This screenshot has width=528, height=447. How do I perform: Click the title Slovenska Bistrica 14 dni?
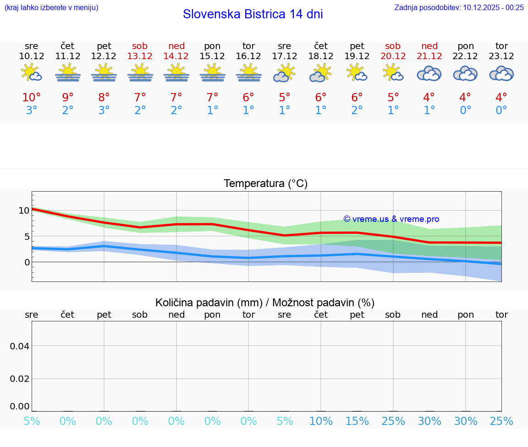click(x=253, y=14)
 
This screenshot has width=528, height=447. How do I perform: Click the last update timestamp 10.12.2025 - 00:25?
click(x=493, y=7)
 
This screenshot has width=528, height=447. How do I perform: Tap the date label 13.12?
click(x=140, y=56)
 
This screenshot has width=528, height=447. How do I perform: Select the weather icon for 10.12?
click(x=31, y=73)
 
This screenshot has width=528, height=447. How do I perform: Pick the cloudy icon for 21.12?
click(x=429, y=73)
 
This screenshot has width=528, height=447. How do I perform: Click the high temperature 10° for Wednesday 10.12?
click(x=31, y=98)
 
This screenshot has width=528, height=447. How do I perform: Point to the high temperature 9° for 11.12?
click(x=67, y=98)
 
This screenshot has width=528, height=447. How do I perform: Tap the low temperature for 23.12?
click(x=501, y=110)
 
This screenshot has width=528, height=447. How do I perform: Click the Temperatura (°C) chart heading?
click(x=265, y=184)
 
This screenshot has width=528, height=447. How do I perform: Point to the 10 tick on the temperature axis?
click(x=24, y=210)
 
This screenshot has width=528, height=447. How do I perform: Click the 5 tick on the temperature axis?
click(x=27, y=237)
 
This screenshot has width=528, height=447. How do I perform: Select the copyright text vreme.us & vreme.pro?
click(x=391, y=219)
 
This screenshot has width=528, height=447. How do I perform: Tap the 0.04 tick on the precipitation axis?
click(x=20, y=346)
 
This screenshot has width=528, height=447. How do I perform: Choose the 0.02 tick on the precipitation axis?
click(x=20, y=379)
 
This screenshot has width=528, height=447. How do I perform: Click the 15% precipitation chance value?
click(x=357, y=421)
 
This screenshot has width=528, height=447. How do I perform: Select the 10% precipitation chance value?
click(x=320, y=421)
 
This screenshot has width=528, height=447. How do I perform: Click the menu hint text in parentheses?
click(x=51, y=7)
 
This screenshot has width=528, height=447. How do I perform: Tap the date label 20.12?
click(x=393, y=56)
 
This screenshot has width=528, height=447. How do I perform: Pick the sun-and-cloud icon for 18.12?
click(x=320, y=73)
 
